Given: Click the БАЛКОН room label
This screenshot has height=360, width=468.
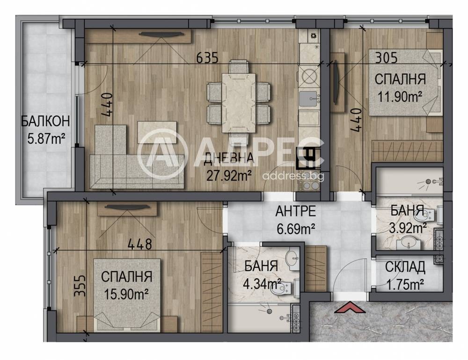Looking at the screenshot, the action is pyautogui.click(x=46, y=121).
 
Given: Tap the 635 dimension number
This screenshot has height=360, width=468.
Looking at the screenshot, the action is pyautogui.click(x=207, y=58).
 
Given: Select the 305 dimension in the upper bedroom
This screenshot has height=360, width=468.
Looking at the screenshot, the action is pyautogui.click(x=386, y=58).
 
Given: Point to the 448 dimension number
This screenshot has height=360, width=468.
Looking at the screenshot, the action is pyautogui.click(x=139, y=245).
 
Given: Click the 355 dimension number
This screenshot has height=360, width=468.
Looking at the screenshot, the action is pyautogui.click(x=80, y=286).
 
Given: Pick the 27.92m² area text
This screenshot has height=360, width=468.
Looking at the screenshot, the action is pyautogui.click(x=229, y=176).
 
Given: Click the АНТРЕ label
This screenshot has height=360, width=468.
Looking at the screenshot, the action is pyautogui.click(x=295, y=211).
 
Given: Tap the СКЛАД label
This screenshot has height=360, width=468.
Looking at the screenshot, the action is pyautogui.click(x=405, y=267).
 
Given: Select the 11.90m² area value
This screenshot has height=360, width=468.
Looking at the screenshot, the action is pyautogui.click(x=400, y=96).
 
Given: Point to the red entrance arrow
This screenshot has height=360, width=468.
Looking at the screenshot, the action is pyautogui.click(x=350, y=308).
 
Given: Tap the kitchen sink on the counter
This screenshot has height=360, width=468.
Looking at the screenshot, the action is pyautogui.click(x=308, y=99).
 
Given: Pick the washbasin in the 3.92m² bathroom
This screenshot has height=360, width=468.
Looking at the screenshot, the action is pyautogui.click(x=408, y=243).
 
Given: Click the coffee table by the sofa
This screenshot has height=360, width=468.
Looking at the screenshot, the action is pyautogui.click(x=157, y=132).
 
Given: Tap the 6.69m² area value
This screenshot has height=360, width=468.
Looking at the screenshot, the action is pyautogui.click(x=295, y=229).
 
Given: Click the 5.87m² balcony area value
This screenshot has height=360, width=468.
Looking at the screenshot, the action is pyautogui.click(x=46, y=138).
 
